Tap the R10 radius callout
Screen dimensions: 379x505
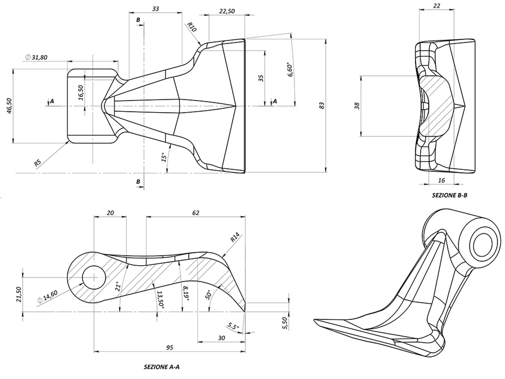pos(192,27)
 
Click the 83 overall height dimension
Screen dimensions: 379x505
pos(322,105)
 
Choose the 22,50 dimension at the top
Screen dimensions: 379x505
pos(227,11)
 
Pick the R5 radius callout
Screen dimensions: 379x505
pos(38,163)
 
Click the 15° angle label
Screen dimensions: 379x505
pos(163,158)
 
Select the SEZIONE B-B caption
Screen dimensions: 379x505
pos(449,196)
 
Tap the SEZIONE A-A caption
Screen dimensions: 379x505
pos(162,367)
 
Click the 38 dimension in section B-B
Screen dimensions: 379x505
pos(357,106)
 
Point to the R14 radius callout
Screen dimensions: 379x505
pos(235,238)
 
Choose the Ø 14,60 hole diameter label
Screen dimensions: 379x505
pos(47,297)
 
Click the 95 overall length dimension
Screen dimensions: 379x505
pos(169,348)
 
